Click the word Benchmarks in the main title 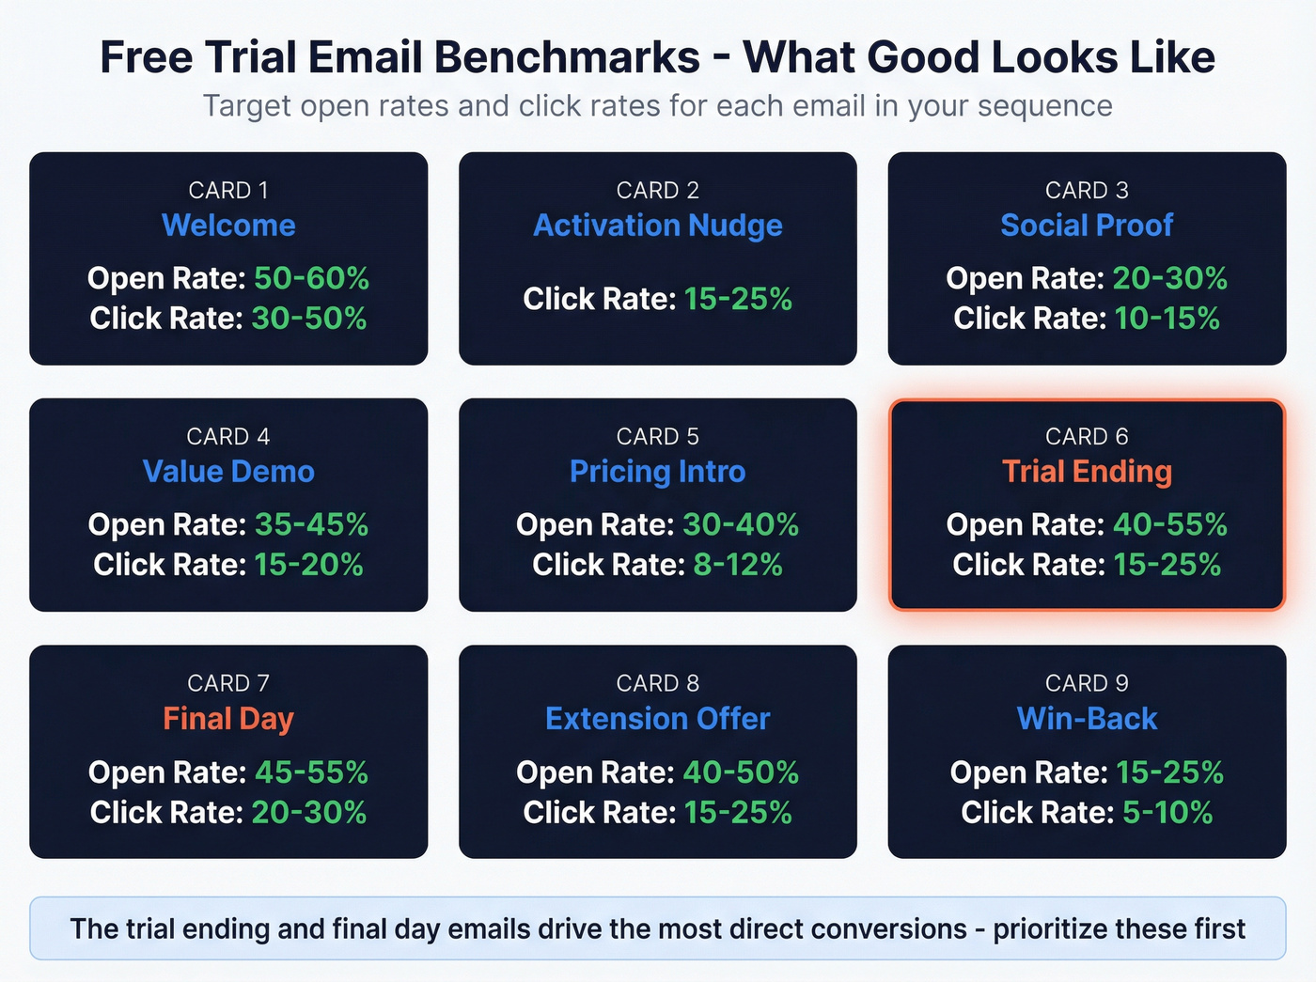click(567, 57)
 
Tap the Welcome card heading click(228, 226)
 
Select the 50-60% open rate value click(311, 278)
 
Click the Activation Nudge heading click(657, 226)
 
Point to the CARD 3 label click(1087, 190)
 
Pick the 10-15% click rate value click(1167, 319)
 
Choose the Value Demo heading click(228, 472)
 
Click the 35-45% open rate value click(311, 524)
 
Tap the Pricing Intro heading click(657, 472)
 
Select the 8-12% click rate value click(737, 565)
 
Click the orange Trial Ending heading click(1087, 472)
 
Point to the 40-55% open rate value click(1169, 524)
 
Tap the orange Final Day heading click(228, 719)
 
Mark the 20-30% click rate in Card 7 click(308, 812)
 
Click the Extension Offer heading click(657, 719)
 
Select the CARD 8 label click(657, 683)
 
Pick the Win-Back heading click(1087, 719)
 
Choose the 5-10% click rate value click(1167, 812)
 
